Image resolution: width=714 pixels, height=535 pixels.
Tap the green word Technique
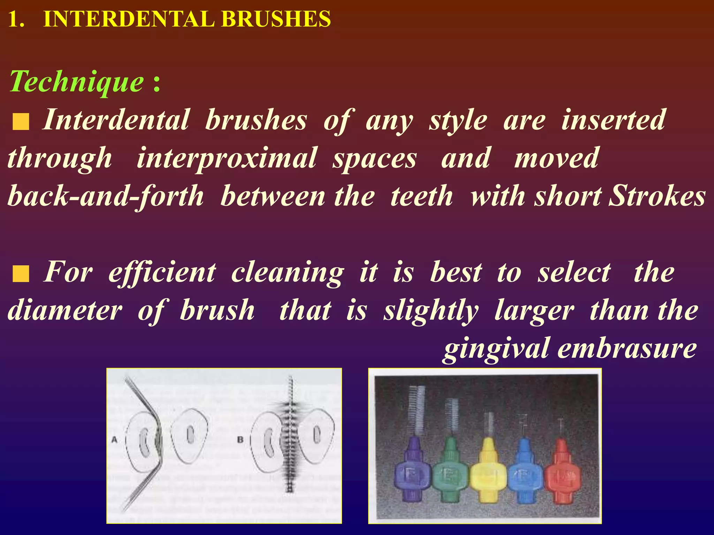click(77, 82)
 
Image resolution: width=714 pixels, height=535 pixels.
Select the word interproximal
click(227, 158)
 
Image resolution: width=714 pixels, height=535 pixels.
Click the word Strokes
click(657, 196)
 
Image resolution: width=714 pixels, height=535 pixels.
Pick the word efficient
click(162, 272)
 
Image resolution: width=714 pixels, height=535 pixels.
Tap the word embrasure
click(627, 348)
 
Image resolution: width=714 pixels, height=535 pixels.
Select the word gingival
click(496, 349)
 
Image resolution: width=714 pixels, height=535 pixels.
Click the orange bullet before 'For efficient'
click(21, 274)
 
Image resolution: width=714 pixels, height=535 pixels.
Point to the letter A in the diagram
click(114, 440)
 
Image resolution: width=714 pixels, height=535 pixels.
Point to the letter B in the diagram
click(240, 440)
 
